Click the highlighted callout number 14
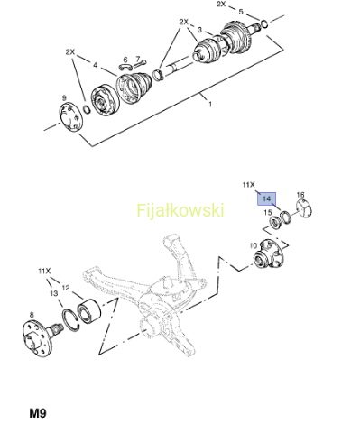(266, 198)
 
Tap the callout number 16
(300, 195)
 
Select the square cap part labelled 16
(304, 209)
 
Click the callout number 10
(254, 245)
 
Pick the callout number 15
(268, 213)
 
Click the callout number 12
(66, 288)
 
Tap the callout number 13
(54, 293)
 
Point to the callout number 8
(32, 315)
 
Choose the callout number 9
(64, 98)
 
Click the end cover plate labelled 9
(70, 117)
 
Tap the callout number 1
(210, 104)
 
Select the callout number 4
(96, 65)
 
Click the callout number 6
(125, 60)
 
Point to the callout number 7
(138, 59)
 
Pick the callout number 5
(241, 12)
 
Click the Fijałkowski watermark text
(180, 210)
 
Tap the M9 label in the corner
(38, 413)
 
